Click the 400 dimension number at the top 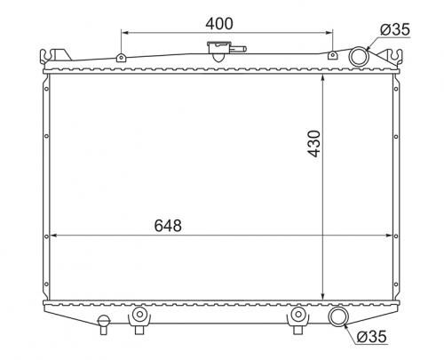pyautogui.click(x=219, y=24)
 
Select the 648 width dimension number pyautogui.click(x=168, y=226)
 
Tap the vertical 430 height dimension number pyautogui.click(x=314, y=143)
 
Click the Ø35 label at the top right pyautogui.click(x=395, y=29)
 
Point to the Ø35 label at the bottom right pyautogui.click(x=371, y=336)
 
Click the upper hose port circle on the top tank pyautogui.click(x=359, y=57)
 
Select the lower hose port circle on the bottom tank pyautogui.click(x=338, y=316)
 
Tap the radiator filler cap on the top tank pyautogui.click(x=218, y=49)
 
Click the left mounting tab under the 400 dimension pyautogui.click(x=121, y=57)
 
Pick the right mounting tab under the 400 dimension pyautogui.click(x=333, y=55)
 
